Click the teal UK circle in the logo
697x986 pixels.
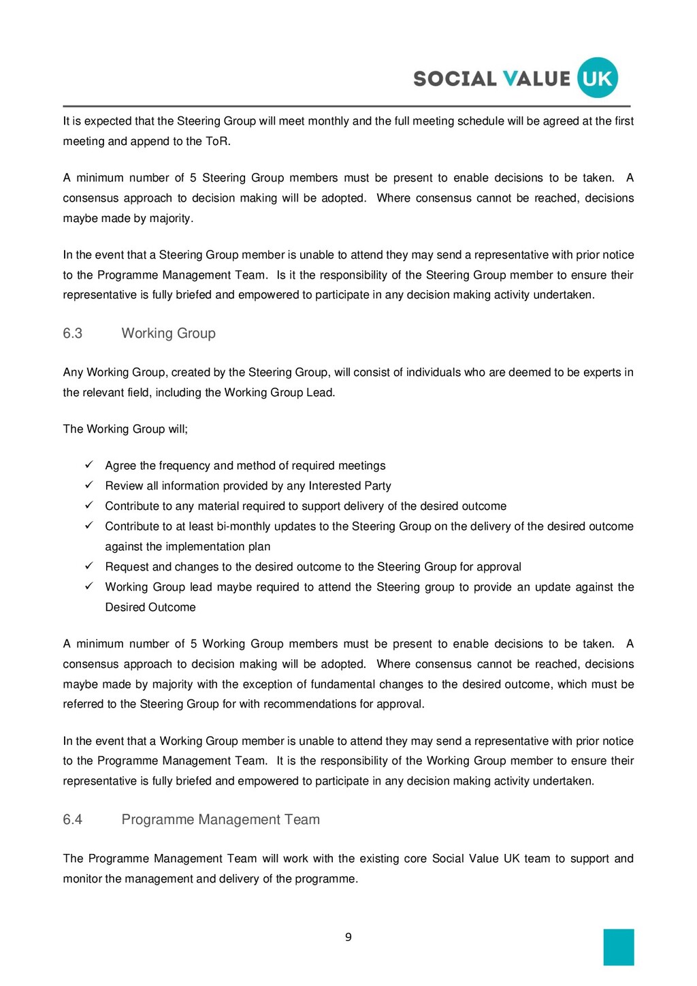597,78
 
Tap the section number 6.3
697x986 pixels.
73,334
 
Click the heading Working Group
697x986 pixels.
168,334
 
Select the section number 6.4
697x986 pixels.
73,820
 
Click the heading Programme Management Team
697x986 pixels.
221,820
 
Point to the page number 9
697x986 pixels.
348,938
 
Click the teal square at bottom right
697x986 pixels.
618,947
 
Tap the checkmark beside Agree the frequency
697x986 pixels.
88,465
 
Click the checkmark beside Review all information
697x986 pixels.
88,486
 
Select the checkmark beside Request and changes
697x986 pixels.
88,567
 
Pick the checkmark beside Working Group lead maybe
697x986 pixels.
88,586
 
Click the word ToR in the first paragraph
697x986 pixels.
217,142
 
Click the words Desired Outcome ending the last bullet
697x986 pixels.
150,607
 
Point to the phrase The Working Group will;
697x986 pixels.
125,429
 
